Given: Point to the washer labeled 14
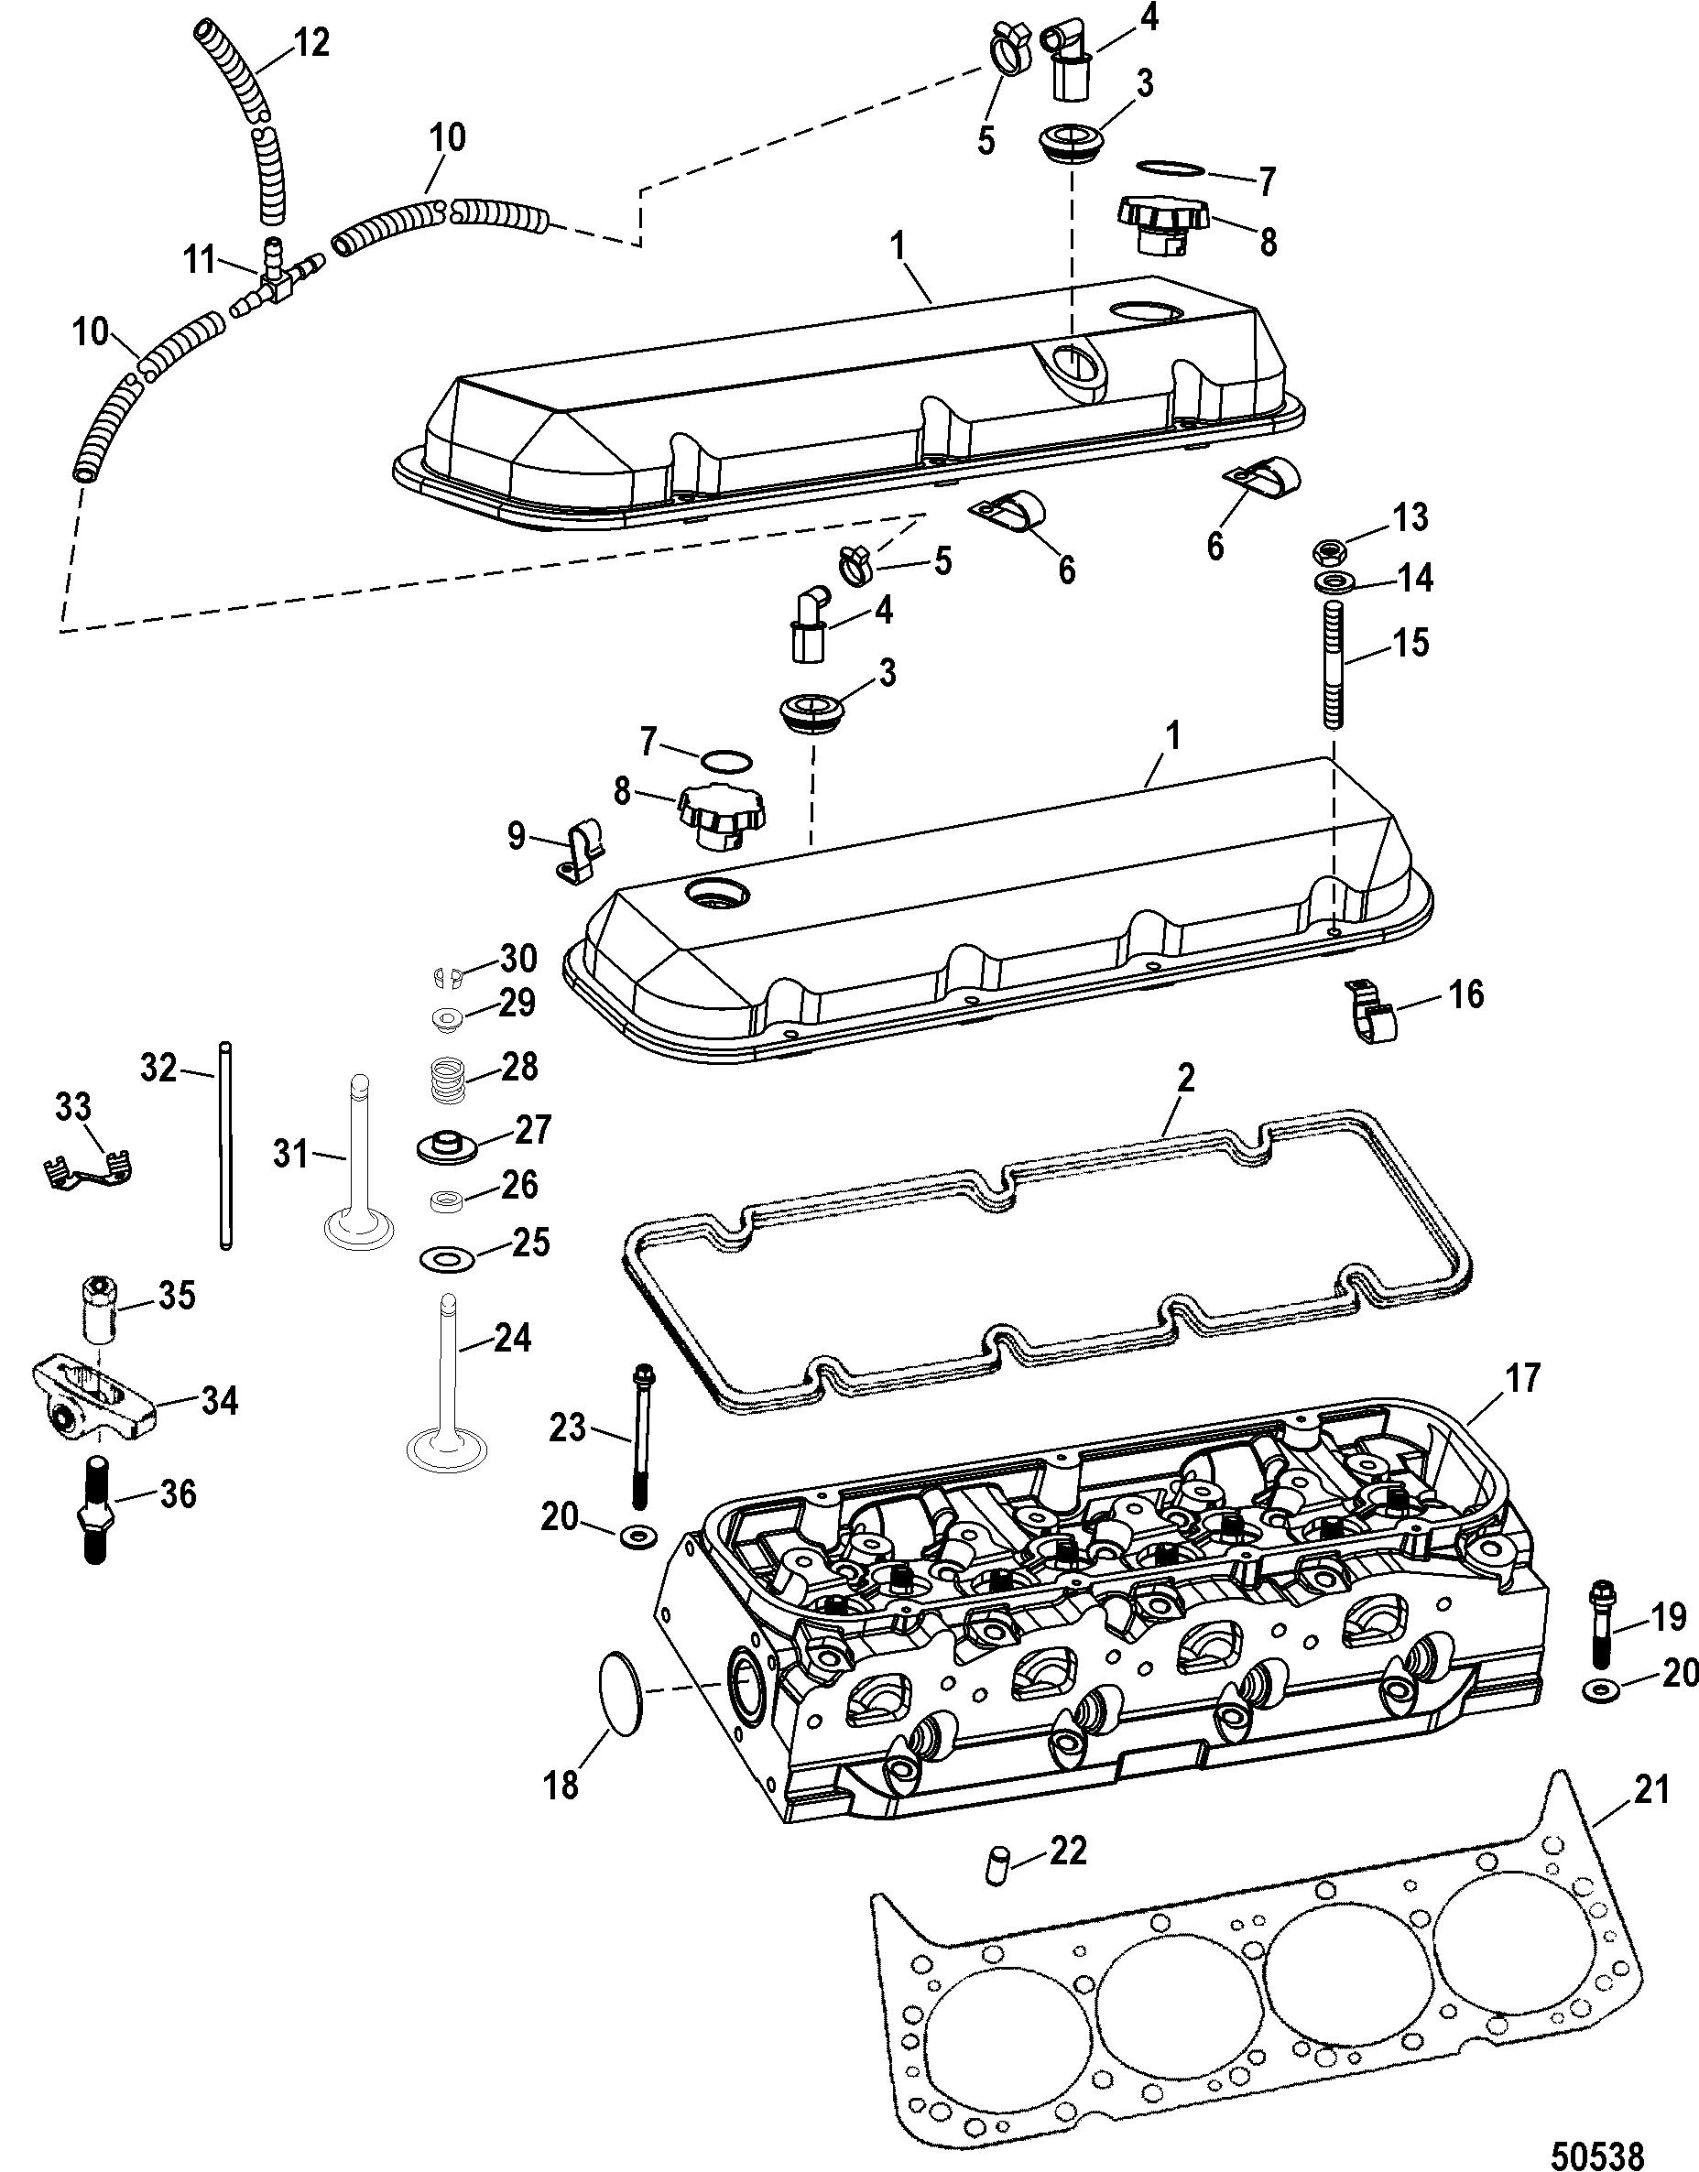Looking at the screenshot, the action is click(x=1330, y=582).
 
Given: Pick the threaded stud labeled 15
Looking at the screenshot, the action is click(x=1330, y=663).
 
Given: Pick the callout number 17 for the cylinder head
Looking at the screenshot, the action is click(x=1521, y=1377).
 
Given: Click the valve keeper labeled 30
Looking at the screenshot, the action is click(x=450, y=978).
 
